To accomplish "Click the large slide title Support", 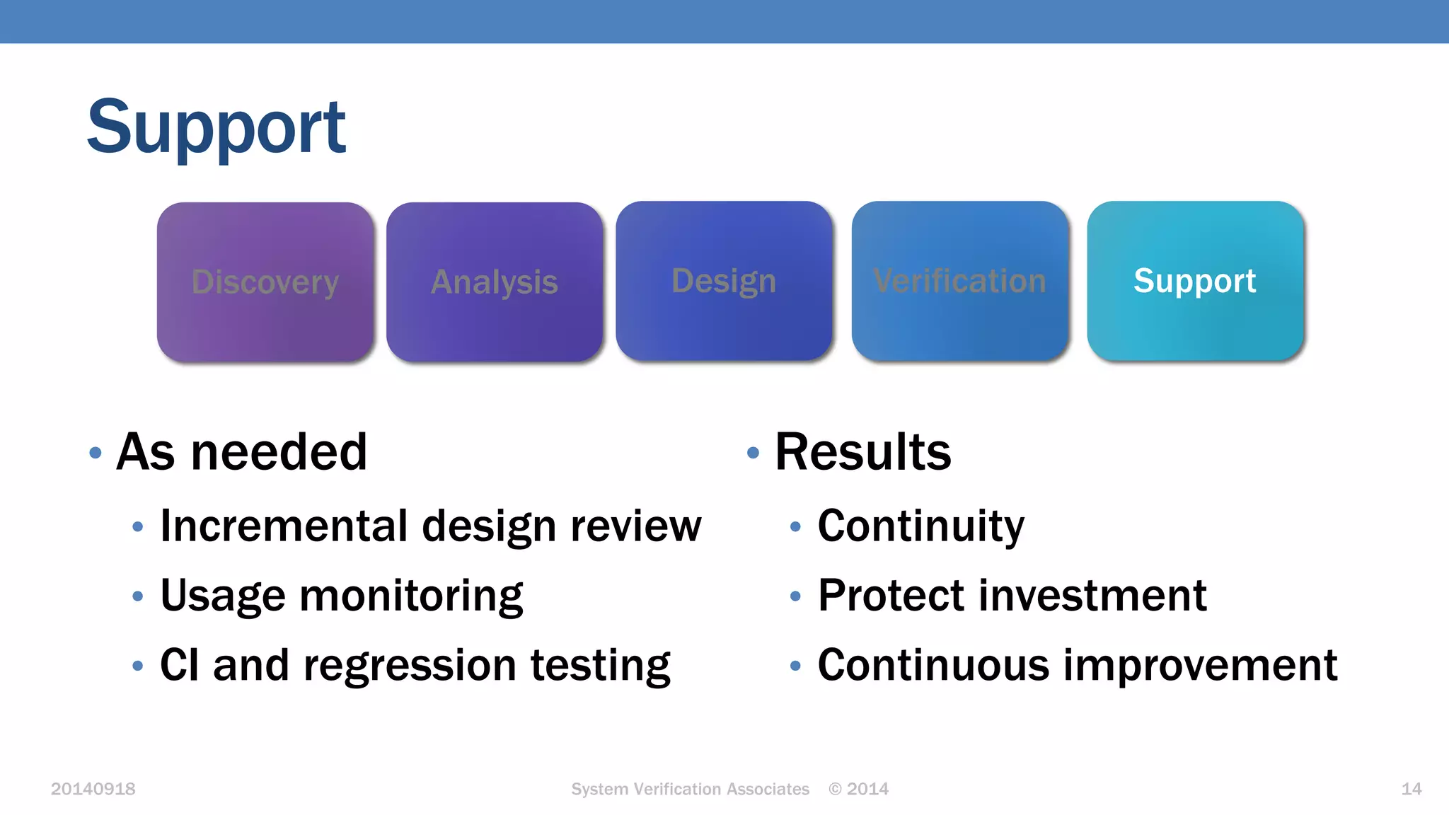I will tap(216, 127).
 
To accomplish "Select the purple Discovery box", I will tap(265, 282).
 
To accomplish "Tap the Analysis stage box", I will tap(495, 282).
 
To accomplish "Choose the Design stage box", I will tap(724, 281).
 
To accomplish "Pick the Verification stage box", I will tap(959, 281).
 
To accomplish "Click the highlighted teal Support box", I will tap(1195, 281).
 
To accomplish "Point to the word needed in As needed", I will tap(279, 452).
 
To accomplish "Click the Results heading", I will tap(863, 452).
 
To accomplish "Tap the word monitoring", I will tap(411, 596).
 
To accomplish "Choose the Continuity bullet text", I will tap(920, 526).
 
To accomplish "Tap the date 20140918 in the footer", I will tap(93, 789).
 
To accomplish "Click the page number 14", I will tap(1411, 789).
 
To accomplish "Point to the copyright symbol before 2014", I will tap(835, 789).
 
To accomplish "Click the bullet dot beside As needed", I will tap(96, 453).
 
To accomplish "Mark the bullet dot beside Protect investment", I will tap(795, 596).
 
